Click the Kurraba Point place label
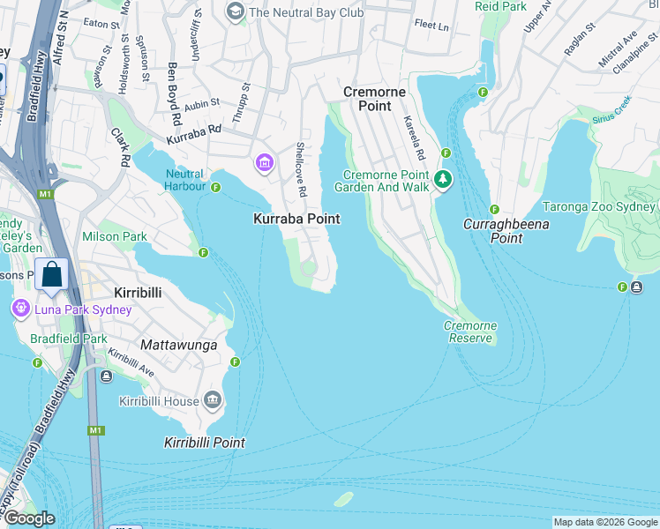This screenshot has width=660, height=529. click(296, 218)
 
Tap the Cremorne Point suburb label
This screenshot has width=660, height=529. click(375, 99)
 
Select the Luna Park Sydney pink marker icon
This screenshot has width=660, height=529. click(19, 309)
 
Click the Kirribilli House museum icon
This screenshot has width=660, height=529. click(212, 401)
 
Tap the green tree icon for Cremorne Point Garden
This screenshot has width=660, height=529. click(443, 181)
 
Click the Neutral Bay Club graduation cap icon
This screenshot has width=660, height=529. click(235, 11)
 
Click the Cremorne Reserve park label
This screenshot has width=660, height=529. click(469, 332)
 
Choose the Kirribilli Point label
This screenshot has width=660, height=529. click(204, 443)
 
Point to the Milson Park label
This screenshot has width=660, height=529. click(114, 236)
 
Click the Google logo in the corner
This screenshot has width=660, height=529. click(29, 518)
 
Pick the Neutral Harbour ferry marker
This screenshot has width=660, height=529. click(215, 186)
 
